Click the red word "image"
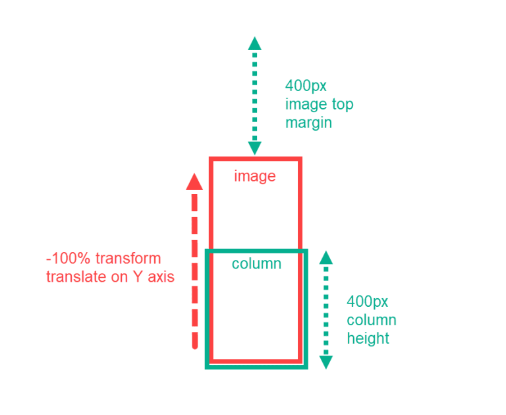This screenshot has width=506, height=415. pyautogui.click(x=254, y=176)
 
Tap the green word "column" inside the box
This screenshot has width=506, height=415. pyautogui.click(x=256, y=264)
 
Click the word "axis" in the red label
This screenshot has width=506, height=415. pyautogui.click(x=160, y=277)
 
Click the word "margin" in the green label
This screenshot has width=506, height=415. pyautogui.click(x=308, y=123)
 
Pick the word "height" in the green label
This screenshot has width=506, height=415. pyautogui.click(x=368, y=338)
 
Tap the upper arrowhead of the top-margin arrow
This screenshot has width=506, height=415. pyautogui.click(x=254, y=44)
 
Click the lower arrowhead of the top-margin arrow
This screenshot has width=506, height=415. pyautogui.click(x=254, y=148)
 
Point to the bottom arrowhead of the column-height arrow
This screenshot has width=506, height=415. pyautogui.click(x=325, y=362)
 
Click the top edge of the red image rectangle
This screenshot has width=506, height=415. pyautogui.click(x=255, y=159)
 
